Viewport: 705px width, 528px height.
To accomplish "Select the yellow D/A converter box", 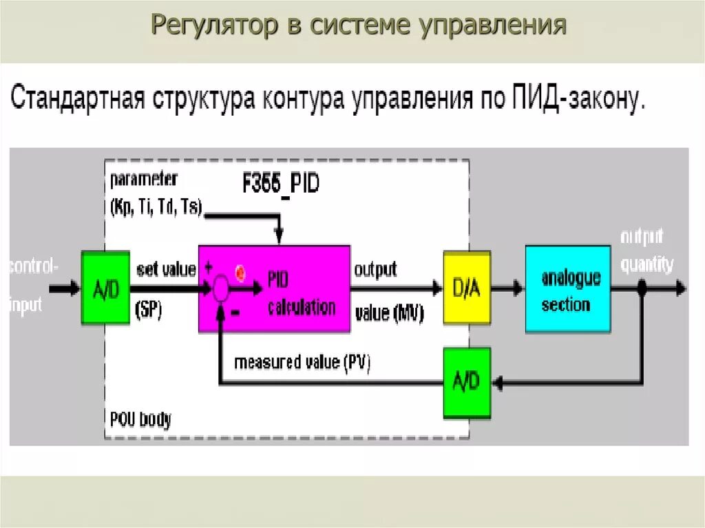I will [x=466, y=287].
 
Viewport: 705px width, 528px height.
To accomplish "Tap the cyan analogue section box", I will [x=567, y=288].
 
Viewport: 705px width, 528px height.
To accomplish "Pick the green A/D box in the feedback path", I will [x=466, y=382].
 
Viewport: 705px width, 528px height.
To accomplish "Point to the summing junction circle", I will [x=220, y=288].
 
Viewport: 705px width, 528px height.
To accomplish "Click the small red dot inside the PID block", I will [x=241, y=273].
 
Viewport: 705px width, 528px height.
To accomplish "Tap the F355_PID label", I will [x=280, y=184].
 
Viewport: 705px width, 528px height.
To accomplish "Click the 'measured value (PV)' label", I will [x=302, y=362].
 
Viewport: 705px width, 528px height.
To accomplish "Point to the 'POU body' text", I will [x=140, y=419].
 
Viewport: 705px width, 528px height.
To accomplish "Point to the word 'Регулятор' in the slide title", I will [x=213, y=26].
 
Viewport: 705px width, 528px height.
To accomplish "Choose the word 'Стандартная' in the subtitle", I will [x=76, y=101].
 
